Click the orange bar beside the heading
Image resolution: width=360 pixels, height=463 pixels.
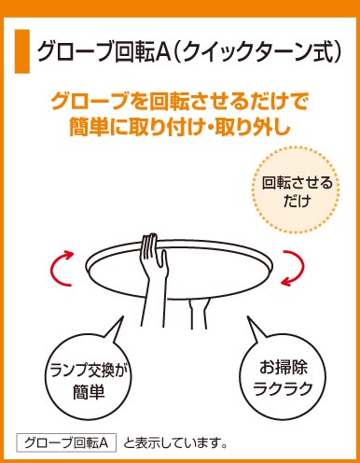tap(22, 51)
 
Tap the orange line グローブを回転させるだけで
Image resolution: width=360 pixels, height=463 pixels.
tap(179, 102)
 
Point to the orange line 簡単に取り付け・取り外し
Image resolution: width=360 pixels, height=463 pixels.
tap(179, 127)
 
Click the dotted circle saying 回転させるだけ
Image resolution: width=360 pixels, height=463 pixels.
tap(296, 189)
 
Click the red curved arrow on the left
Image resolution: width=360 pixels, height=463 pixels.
tap(61, 268)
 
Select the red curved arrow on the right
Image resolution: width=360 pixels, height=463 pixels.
tap(293, 268)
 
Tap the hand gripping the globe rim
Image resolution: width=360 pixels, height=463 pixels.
tap(154, 255)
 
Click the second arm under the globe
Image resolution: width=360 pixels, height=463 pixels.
tap(198, 314)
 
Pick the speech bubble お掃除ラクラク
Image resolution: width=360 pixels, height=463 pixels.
tap(283, 372)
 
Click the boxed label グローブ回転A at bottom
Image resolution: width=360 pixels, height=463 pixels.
tap(66, 442)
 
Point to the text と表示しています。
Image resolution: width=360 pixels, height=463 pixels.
tap(174, 442)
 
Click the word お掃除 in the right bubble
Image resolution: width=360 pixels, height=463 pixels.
tap(283, 368)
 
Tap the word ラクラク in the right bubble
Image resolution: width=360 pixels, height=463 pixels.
tap(283, 388)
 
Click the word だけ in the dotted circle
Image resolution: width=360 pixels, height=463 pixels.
tap(297, 201)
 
